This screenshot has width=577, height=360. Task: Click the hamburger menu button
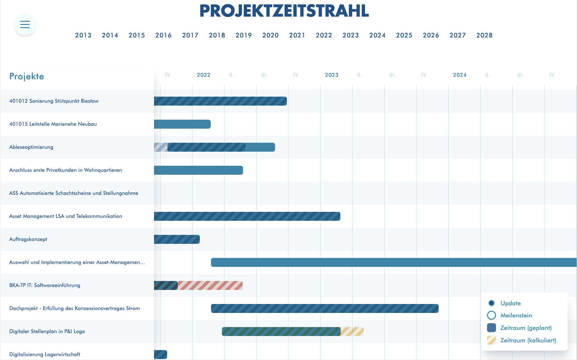pyautogui.click(x=25, y=24)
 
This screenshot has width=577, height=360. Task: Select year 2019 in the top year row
pyautogui.click(x=244, y=35)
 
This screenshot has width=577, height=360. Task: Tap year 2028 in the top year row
pyautogui.click(x=484, y=35)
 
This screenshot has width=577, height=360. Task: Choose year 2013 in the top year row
pyautogui.click(x=83, y=35)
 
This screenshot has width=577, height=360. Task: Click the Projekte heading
pyautogui.click(x=27, y=76)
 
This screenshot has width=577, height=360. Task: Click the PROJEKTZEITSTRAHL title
pyautogui.click(x=284, y=11)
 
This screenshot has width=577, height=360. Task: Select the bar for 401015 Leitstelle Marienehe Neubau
pyautogui.click(x=182, y=124)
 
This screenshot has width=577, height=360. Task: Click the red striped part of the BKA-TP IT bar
pyautogui.click(x=210, y=285)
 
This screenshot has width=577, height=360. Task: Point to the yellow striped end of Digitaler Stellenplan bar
pyautogui.click(x=352, y=332)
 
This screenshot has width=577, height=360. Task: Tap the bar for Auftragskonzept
pyautogui.click(x=177, y=239)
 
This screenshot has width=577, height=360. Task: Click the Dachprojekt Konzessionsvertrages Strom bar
pyautogui.click(x=325, y=308)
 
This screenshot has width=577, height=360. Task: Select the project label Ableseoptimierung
pyautogui.click(x=31, y=147)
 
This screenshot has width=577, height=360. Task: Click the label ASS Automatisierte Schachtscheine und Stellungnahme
pyautogui.click(x=74, y=193)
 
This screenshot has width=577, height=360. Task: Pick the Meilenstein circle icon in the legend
pyautogui.click(x=491, y=315)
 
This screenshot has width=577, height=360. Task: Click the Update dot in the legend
pyautogui.click(x=491, y=303)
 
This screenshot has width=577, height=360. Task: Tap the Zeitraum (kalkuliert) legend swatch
pyautogui.click(x=491, y=340)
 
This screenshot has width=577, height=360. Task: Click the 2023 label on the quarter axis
pyautogui.click(x=331, y=75)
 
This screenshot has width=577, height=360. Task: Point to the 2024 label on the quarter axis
pyautogui.click(x=459, y=75)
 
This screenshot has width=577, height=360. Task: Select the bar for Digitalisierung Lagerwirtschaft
pyautogui.click(x=160, y=355)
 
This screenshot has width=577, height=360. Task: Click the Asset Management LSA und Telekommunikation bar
pyautogui.click(x=247, y=216)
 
